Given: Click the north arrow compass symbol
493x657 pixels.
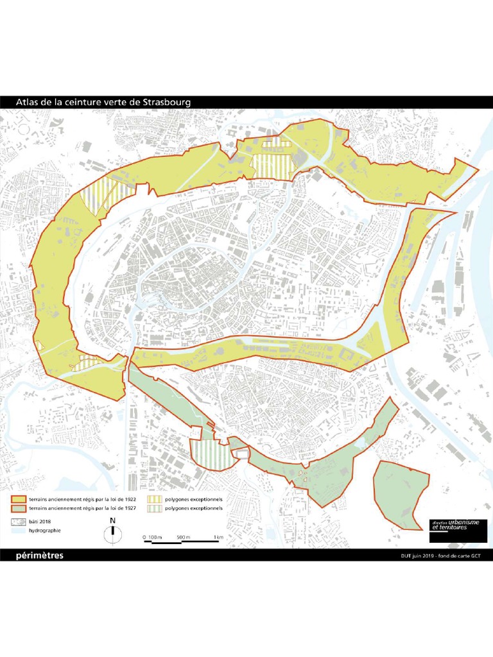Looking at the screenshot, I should [113, 529].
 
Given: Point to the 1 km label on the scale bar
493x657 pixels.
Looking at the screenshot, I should [218, 536].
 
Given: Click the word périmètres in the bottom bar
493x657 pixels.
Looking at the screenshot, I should [39, 556].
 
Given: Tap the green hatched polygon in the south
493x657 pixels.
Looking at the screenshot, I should [210, 454].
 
